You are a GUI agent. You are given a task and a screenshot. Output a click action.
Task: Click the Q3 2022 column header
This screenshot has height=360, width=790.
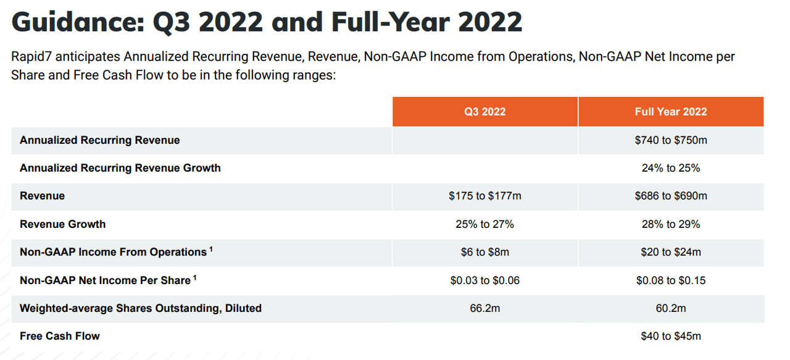click(x=484, y=112)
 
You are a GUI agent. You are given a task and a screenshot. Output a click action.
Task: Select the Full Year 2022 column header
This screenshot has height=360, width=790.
click(x=670, y=112)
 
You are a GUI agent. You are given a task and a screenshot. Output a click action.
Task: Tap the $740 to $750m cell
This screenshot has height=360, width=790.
click(x=670, y=140)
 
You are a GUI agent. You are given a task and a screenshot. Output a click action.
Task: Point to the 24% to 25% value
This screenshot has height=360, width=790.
click(x=670, y=168)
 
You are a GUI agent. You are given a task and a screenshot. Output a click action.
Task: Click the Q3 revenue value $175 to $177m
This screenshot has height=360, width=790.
click(x=484, y=196)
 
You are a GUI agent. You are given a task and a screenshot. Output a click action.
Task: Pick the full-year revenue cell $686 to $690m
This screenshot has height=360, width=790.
click(x=670, y=196)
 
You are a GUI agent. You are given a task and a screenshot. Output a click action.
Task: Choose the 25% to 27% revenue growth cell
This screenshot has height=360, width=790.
click(x=484, y=224)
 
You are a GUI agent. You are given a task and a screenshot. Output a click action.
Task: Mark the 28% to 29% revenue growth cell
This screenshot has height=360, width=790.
click(x=670, y=224)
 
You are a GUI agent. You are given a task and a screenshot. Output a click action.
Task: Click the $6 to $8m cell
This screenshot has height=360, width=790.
click(x=484, y=252)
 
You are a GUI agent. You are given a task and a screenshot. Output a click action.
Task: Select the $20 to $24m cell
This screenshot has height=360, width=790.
click(x=670, y=252)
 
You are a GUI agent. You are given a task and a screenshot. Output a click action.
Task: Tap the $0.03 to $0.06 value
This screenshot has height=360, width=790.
click(x=484, y=280)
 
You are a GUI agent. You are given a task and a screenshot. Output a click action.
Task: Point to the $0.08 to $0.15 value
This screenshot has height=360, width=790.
click(x=670, y=280)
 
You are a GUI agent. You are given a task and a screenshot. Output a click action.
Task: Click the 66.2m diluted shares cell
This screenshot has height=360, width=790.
click(x=484, y=308)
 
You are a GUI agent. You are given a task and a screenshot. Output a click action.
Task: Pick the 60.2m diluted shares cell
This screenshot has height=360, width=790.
click(x=670, y=308)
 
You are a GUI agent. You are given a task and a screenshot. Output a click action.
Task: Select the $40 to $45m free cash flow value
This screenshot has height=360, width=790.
click(x=670, y=337)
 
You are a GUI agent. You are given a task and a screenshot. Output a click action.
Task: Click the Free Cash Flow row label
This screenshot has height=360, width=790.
click(x=60, y=337)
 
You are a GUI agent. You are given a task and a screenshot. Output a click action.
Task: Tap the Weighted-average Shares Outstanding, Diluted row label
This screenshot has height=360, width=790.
click(x=141, y=308)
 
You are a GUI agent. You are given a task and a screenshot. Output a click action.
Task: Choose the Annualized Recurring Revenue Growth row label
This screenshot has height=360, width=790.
click(x=120, y=168)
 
